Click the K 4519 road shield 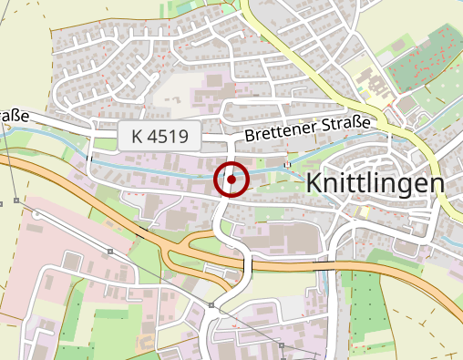click(x=159, y=137)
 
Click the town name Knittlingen click(x=375, y=182)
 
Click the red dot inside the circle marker click(x=232, y=180)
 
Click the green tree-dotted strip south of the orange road click(x=365, y=301)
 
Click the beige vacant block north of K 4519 click(x=173, y=91)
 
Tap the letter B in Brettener click(x=250, y=138)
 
